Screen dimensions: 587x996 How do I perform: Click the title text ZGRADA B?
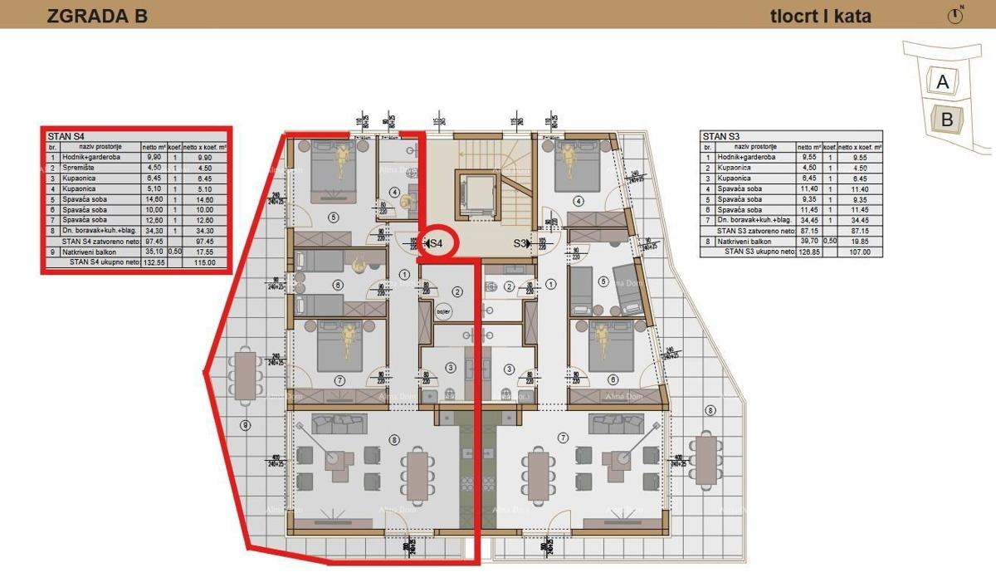[x=97, y=15]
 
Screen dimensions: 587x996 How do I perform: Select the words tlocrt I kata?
[x=821, y=15]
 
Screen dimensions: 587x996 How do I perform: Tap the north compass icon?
[x=955, y=15]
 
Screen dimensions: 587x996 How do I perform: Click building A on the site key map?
[x=942, y=82]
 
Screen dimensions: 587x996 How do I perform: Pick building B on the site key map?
[x=946, y=120]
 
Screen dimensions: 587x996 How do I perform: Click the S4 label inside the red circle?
[x=436, y=243]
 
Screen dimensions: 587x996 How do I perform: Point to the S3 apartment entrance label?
[x=520, y=243]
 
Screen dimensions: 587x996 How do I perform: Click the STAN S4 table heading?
[x=68, y=136]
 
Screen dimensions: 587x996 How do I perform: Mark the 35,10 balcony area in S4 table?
[x=154, y=252]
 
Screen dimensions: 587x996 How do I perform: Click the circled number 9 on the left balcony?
[x=244, y=426]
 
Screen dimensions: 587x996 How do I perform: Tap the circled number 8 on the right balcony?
[x=710, y=411]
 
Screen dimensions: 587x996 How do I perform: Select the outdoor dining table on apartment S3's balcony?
[x=706, y=459]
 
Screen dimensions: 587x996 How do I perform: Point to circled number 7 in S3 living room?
[x=564, y=438]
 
